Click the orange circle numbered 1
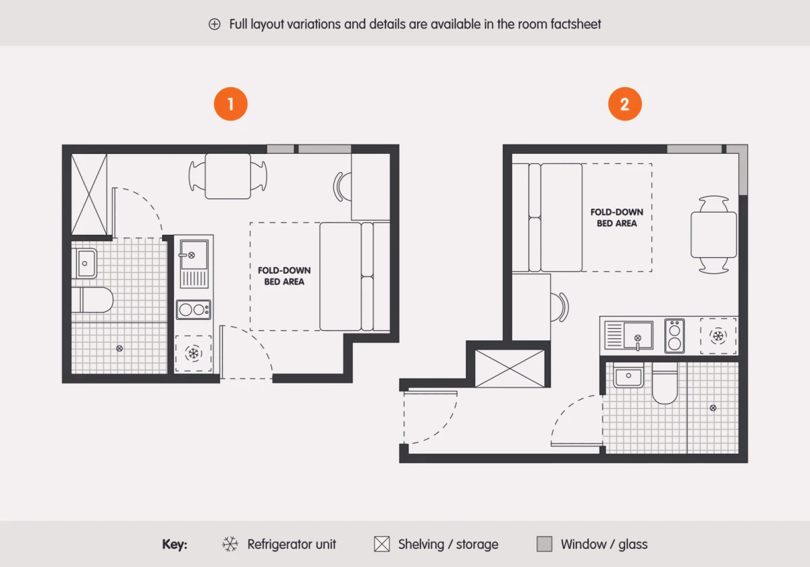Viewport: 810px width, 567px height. (x=231, y=104)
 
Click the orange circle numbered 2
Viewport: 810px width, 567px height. (x=625, y=104)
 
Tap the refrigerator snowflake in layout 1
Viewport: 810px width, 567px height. (x=194, y=353)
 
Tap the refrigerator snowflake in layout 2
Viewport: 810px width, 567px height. (x=718, y=336)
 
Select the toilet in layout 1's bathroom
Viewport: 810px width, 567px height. (x=92, y=300)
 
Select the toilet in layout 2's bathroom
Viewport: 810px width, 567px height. (x=665, y=383)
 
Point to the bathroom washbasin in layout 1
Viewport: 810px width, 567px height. (x=84, y=263)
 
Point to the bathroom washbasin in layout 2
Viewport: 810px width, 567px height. (x=628, y=375)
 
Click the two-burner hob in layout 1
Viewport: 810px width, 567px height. (x=194, y=310)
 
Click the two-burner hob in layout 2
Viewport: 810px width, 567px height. (x=674, y=336)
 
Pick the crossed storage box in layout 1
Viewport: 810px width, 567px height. (x=89, y=194)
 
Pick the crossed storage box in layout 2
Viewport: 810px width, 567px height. (x=510, y=369)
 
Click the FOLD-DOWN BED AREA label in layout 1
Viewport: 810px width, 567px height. (x=284, y=276)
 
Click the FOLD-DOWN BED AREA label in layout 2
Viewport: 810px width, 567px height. (x=616, y=217)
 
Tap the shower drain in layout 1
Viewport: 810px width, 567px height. (x=119, y=348)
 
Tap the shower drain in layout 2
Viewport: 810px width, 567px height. (x=713, y=408)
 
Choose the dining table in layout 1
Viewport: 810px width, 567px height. (x=228, y=176)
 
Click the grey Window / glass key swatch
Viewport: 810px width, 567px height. (x=544, y=544)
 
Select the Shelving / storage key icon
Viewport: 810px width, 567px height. (x=382, y=544)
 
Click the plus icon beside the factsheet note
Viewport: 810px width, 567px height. (x=215, y=24)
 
